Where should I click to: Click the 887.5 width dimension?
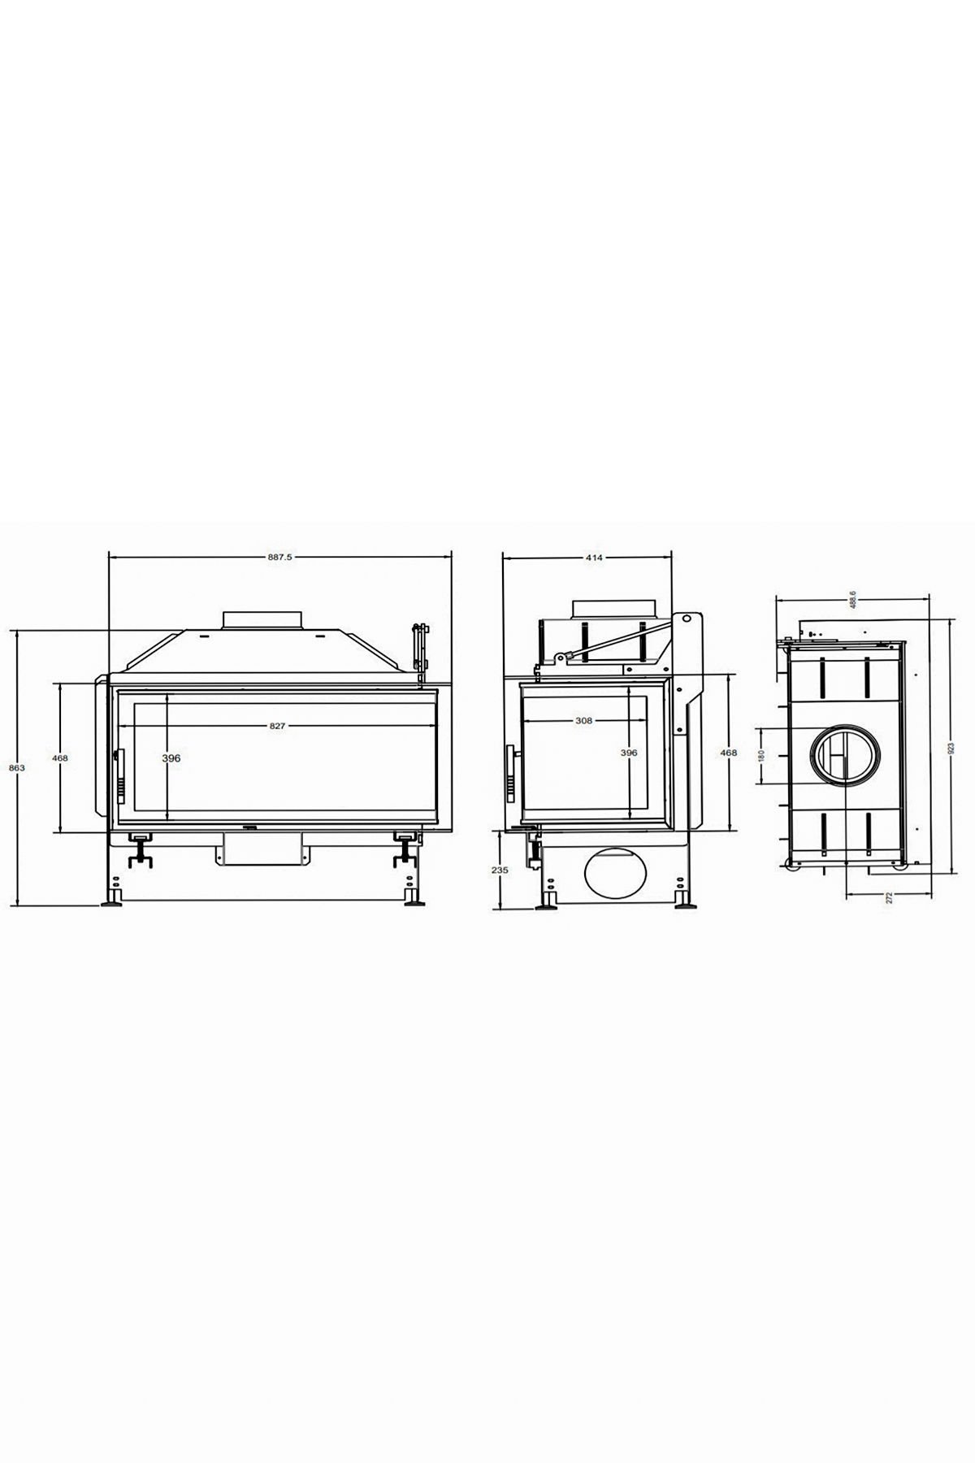click(x=279, y=558)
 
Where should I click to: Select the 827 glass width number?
click(x=277, y=726)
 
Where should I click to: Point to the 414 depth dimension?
click(x=594, y=558)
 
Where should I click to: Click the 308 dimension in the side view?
click(x=583, y=720)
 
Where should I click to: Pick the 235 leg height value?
click(x=500, y=870)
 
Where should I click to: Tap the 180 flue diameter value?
click(x=761, y=755)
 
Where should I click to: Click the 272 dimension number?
click(x=890, y=898)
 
